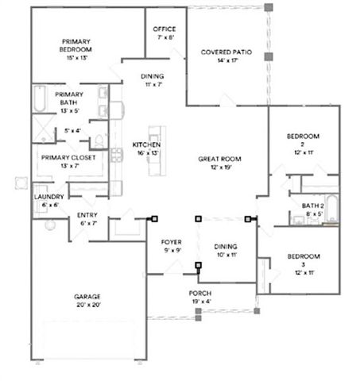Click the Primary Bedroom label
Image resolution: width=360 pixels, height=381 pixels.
tap(75, 47)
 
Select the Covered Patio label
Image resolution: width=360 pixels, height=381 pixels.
tap(226, 52)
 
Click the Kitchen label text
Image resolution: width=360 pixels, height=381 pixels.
tap(147, 145)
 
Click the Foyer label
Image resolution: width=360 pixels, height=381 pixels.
tap(172, 241)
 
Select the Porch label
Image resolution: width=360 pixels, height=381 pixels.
tap(199, 293)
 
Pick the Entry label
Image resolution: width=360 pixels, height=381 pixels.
tap(87, 215)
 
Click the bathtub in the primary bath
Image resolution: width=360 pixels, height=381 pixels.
tap(40, 99)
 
